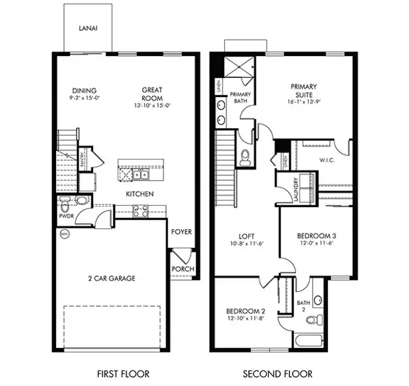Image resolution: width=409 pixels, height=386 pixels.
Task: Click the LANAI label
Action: click(88, 29)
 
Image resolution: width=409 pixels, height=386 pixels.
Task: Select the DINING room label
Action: click(84, 90)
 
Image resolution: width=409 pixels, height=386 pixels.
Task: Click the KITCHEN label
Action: click(138, 194)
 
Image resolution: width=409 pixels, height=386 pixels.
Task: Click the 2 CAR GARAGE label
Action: click(112, 278)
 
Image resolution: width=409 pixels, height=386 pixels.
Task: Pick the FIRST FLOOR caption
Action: click(123, 374)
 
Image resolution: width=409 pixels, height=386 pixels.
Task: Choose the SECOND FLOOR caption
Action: click(277, 374)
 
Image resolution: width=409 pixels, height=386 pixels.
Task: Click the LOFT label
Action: click(247, 235)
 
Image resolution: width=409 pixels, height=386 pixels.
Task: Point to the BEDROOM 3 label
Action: click(316, 235)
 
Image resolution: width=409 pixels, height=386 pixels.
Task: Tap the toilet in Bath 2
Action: click(312, 320)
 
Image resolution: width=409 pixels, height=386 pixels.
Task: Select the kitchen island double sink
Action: click(142, 174)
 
